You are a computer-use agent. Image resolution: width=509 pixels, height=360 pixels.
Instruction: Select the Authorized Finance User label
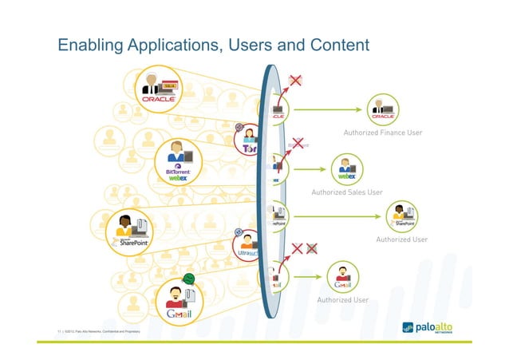(383, 132)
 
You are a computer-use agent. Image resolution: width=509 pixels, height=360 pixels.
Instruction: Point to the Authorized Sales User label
(347, 192)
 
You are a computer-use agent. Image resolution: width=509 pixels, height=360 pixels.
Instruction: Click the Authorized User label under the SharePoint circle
(401, 239)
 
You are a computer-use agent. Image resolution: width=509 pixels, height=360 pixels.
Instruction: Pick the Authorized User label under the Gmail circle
(342, 300)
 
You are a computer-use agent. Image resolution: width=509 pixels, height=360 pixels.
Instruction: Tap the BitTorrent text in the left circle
(181, 171)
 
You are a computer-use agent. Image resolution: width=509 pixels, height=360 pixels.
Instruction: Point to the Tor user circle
(249, 141)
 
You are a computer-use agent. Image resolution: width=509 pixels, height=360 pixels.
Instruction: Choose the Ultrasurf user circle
(248, 247)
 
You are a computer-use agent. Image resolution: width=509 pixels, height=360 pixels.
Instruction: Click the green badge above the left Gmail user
(189, 279)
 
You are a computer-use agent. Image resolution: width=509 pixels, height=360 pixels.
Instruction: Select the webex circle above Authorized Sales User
(346, 169)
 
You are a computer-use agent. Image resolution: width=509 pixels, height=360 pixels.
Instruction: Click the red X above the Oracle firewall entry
(295, 80)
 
